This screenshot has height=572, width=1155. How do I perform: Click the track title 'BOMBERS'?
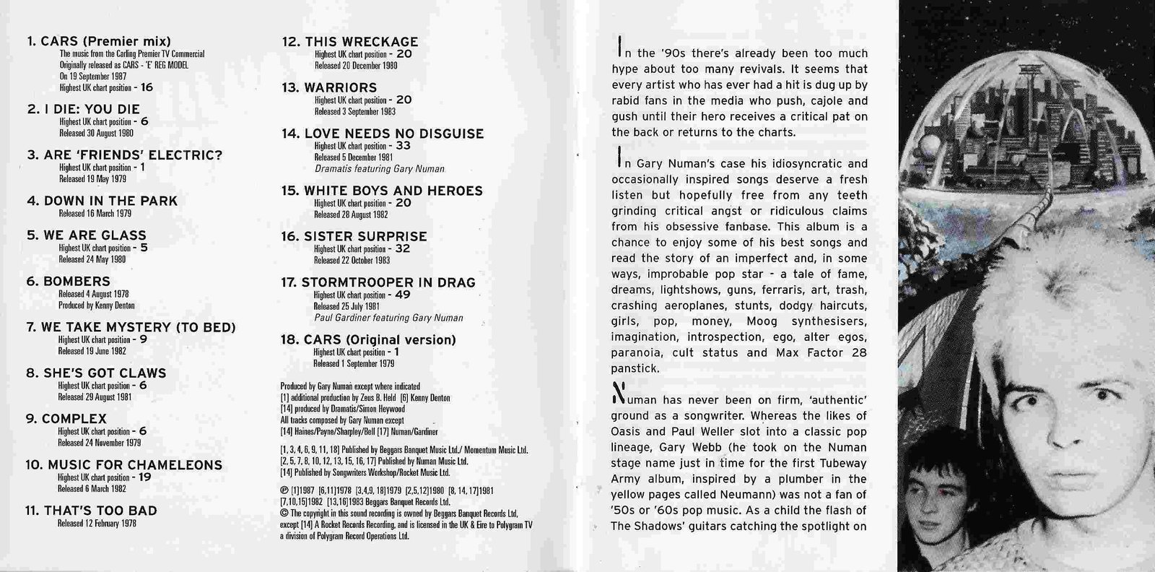77,282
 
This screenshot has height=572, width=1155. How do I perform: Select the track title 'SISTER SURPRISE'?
365,237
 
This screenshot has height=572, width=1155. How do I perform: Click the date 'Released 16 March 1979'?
94,214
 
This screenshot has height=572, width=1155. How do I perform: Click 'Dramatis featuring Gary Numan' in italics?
379,169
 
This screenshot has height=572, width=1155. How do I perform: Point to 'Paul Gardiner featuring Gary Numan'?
388,318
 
